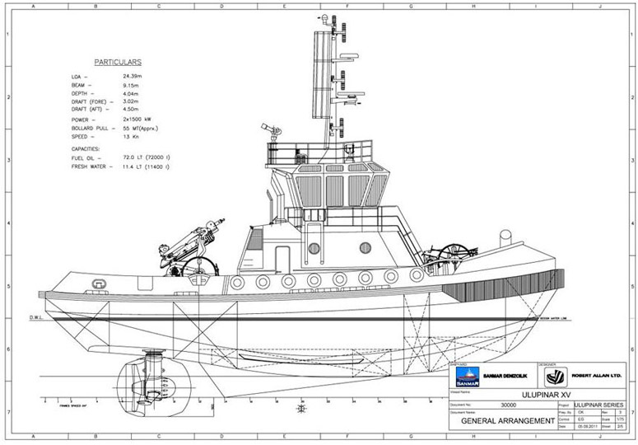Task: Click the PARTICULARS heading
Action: [x=118, y=62]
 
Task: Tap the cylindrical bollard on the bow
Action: [x=505, y=239]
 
